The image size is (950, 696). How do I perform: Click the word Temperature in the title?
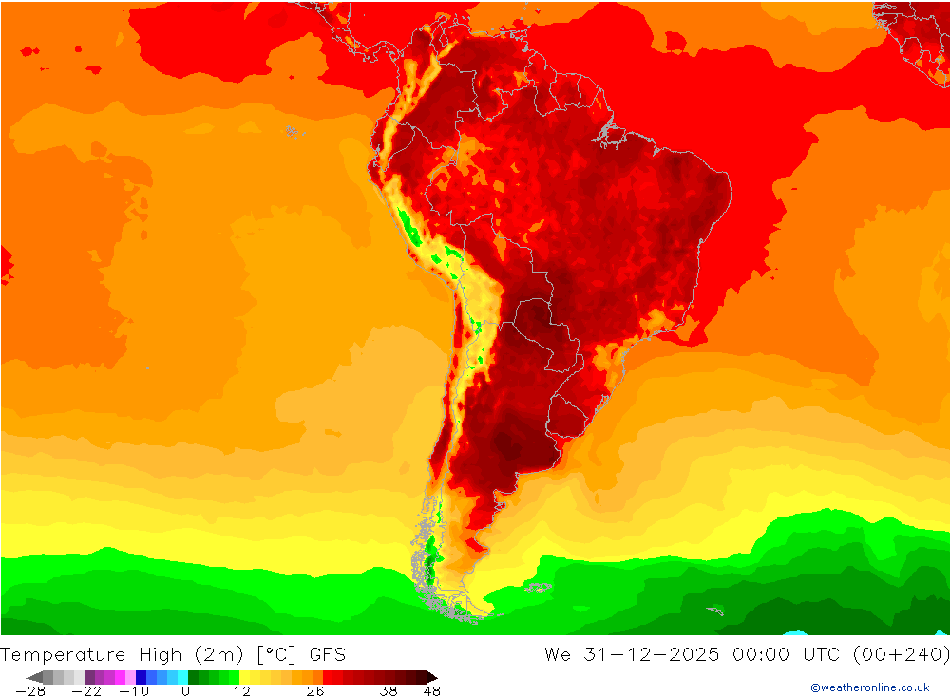(x=63, y=654)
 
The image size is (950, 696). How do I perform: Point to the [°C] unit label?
(x=275, y=654)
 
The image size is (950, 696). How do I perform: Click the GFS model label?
(x=326, y=654)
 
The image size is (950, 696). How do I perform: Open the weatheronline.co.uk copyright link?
(x=869, y=687)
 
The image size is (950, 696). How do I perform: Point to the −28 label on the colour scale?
(x=30, y=691)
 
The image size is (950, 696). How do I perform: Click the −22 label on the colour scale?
(x=86, y=691)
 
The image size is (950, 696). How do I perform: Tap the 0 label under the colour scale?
(x=186, y=691)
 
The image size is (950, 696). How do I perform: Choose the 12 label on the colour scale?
(x=243, y=691)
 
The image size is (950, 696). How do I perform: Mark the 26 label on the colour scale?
(x=315, y=691)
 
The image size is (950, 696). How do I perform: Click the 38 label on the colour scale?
(x=389, y=691)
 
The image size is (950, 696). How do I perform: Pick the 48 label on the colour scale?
(x=431, y=691)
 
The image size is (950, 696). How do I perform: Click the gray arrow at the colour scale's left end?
(x=33, y=677)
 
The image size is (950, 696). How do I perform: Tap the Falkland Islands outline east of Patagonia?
(x=539, y=588)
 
